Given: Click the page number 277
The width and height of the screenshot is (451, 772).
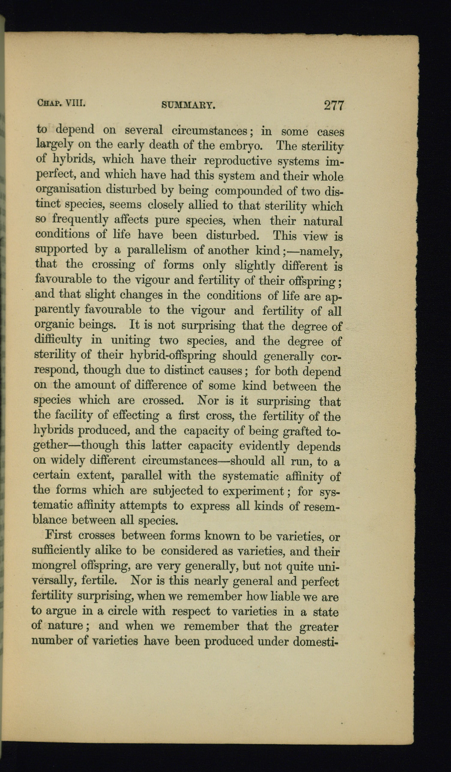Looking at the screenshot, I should click(334, 106).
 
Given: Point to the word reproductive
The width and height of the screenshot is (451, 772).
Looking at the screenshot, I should click(238, 161).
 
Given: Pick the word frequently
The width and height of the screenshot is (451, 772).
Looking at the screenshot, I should click(80, 220).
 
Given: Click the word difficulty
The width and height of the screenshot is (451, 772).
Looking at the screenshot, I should click(58, 340).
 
